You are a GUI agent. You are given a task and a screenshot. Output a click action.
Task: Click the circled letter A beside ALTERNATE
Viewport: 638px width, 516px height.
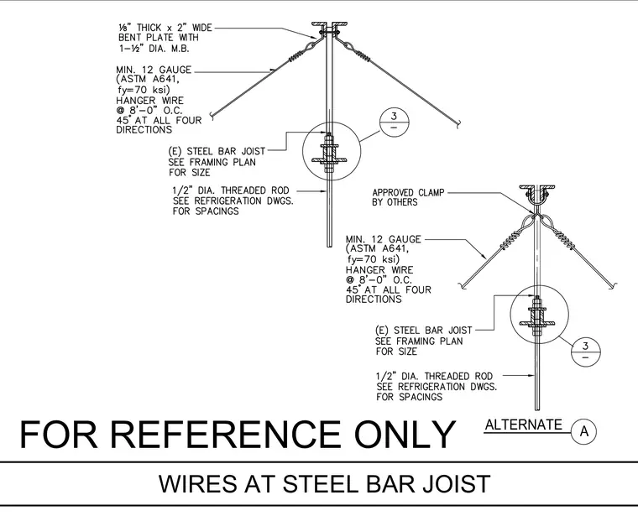click(584, 431)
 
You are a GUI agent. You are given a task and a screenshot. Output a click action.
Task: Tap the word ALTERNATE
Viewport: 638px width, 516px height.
click(523, 425)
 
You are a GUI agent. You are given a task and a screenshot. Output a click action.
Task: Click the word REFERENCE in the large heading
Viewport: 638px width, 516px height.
click(225, 435)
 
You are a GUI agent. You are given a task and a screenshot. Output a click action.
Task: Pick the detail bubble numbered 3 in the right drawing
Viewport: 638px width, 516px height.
click(585, 352)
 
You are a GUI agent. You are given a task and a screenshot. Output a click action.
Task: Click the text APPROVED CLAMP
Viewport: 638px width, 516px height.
click(408, 192)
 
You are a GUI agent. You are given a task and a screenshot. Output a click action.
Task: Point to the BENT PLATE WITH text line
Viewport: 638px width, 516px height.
click(159, 38)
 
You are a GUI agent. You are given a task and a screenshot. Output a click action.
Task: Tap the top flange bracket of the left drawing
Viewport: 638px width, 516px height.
click(329, 26)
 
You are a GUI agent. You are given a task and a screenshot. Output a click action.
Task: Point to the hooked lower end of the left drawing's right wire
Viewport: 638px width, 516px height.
click(459, 124)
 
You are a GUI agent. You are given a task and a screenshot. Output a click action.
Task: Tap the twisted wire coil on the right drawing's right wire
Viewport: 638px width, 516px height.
click(564, 240)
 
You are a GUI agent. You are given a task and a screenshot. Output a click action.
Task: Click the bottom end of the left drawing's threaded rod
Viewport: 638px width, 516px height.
click(329, 247)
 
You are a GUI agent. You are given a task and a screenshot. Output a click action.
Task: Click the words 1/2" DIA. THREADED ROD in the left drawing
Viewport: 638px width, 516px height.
click(231, 190)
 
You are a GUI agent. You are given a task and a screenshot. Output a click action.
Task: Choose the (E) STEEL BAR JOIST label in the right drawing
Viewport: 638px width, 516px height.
click(423, 331)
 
